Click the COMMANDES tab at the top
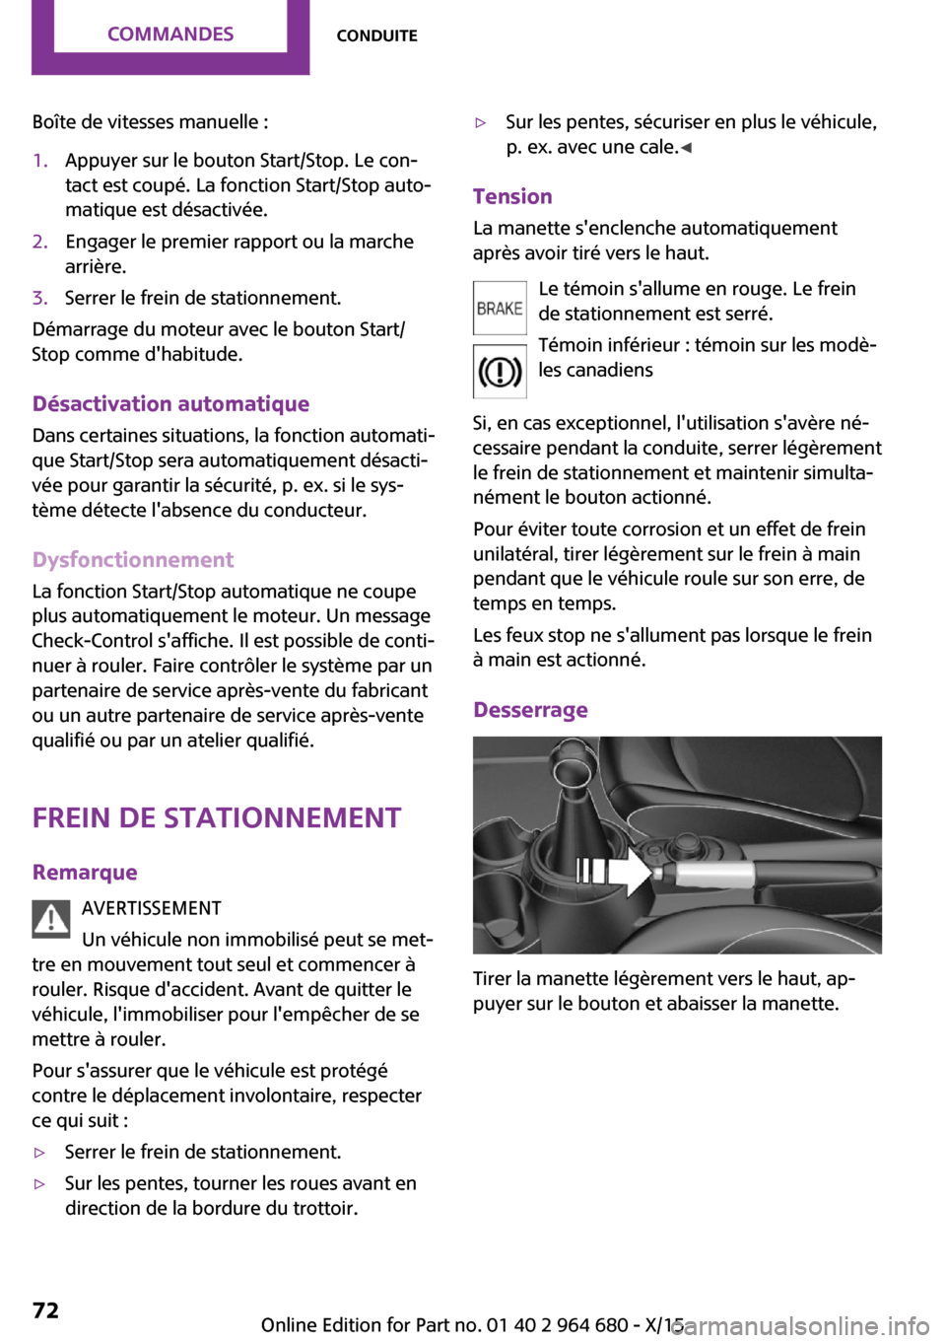170,35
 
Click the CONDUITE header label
376,35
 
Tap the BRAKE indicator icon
500,309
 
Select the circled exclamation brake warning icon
500,372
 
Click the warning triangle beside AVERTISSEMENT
51,919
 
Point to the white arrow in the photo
626,870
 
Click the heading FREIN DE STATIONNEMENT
217,817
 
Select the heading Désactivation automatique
170,403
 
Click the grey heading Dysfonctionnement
133,559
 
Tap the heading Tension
512,196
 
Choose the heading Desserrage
530,710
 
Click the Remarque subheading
85,872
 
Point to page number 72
46,1309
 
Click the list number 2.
40,242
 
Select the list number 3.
40,298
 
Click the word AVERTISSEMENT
152,908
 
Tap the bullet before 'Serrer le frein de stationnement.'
40,1152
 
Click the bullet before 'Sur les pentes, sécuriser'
481,123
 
